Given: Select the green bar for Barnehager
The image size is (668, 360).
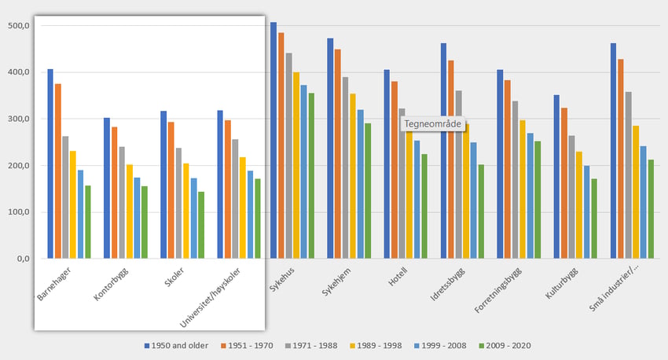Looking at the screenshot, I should pyautogui.click(x=88, y=222).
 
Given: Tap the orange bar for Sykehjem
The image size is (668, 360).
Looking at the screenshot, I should pyautogui.click(x=338, y=153).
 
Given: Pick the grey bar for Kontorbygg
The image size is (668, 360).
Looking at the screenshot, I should pyautogui.click(x=122, y=202).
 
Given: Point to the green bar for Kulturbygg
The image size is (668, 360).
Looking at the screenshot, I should pyautogui.click(x=594, y=218).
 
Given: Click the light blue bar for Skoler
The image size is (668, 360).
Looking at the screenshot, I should pyautogui.click(x=193, y=218).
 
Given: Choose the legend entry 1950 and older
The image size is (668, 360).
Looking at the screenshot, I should pyautogui.click(x=176, y=345).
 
